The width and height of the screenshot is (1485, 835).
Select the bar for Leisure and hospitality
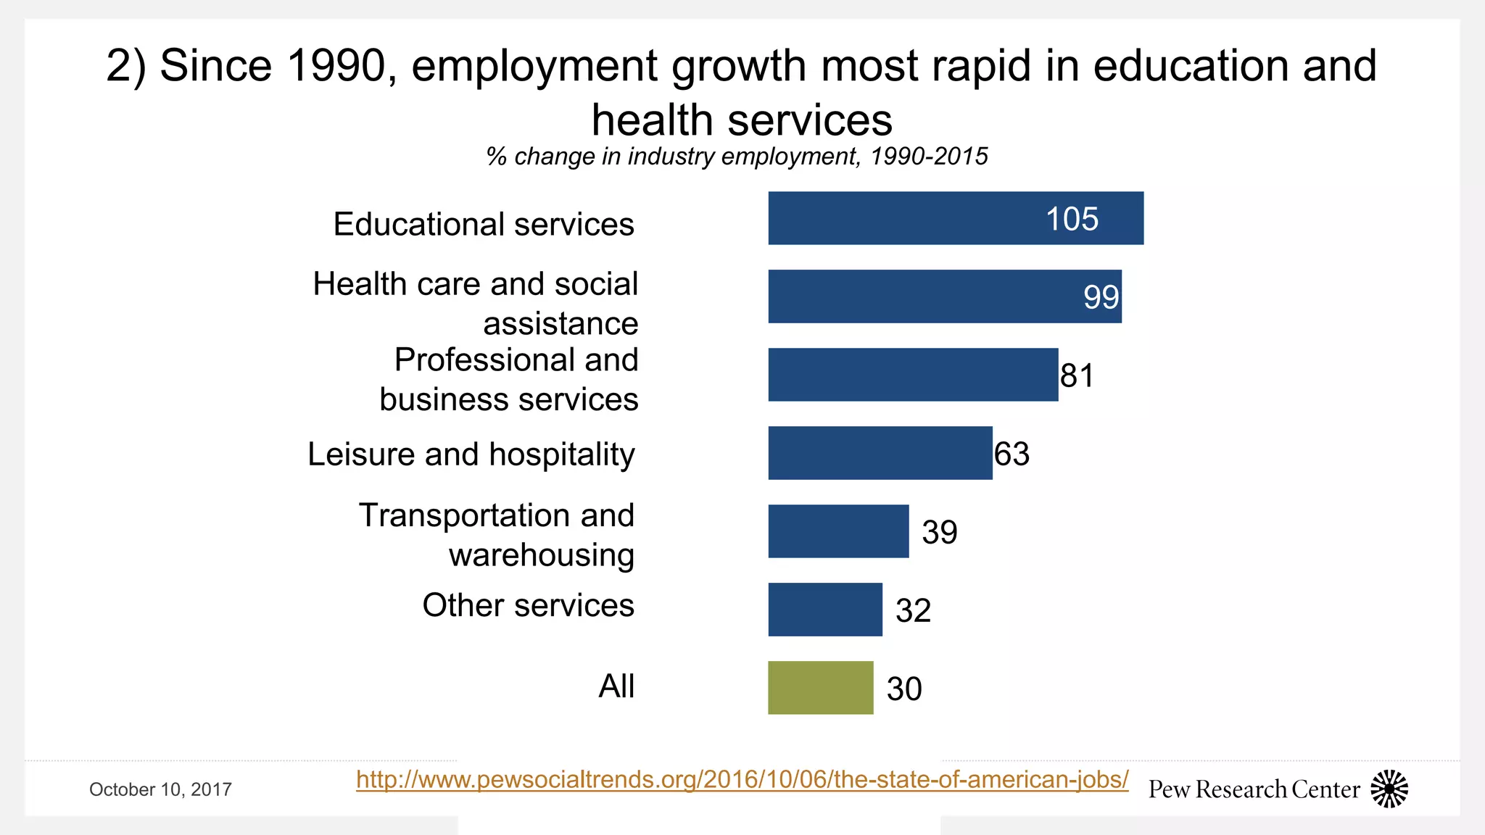pos(880,453)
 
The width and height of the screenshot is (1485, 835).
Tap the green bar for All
pos(820,688)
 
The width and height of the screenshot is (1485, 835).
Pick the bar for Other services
pos(824,610)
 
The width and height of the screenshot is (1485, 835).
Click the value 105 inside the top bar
pos(1072,219)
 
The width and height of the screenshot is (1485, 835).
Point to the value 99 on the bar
pos(1101,297)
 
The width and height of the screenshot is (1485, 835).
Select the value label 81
pos(1077,375)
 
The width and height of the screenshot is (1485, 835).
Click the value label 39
pos(939,532)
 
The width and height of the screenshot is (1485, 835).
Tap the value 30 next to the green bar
pos(903,689)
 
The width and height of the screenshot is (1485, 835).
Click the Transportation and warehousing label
pos(497,535)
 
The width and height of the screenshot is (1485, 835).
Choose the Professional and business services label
pos(509,379)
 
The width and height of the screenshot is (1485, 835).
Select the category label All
pos(616,686)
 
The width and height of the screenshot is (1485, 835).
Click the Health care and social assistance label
pos(476,303)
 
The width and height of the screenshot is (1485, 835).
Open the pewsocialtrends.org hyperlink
pos(742,779)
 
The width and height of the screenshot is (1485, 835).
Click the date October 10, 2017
pos(160,789)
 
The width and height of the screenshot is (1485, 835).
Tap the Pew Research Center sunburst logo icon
pos(1389,789)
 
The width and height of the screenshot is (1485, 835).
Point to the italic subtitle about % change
pos(737,157)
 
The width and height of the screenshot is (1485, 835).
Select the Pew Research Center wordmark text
pos(1254,789)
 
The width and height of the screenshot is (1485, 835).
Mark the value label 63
pos(1012,454)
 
